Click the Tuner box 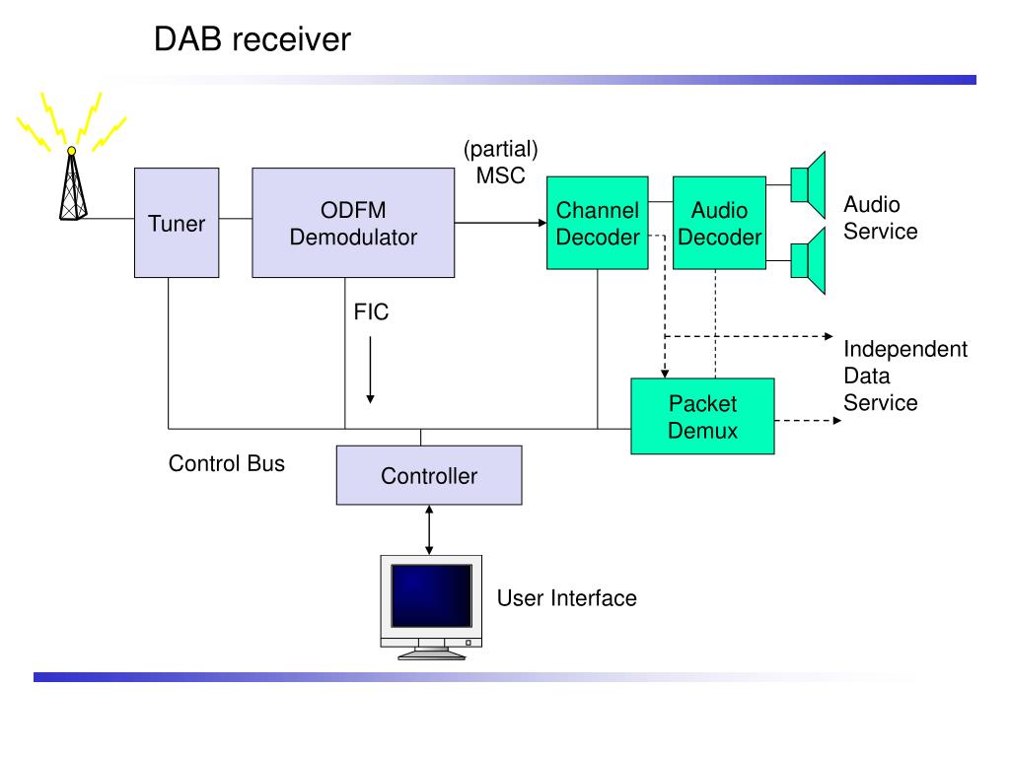pyautogui.click(x=177, y=223)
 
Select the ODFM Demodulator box pyautogui.click(x=353, y=223)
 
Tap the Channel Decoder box pyautogui.click(x=597, y=223)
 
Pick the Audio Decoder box pyautogui.click(x=719, y=223)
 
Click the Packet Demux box pyautogui.click(x=702, y=417)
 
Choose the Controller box pyautogui.click(x=429, y=475)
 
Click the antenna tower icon pyautogui.click(x=72, y=183)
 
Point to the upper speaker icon pyautogui.click(x=809, y=185)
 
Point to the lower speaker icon pyautogui.click(x=809, y=260)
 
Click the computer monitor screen pyautogui.click(x=432, y=595)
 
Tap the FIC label pyautogui.click(x=371, y=312)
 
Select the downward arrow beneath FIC pyautogui.click(x=371, y=371)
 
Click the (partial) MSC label pyautogui.click(x=500, y=162)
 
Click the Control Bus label pyautogui.click(x=227, y=463)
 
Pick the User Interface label pyautogui.click(x=567, y=598)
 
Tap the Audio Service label pyautogui.click(x=881, y=218)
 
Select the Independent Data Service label pyautogui.click(x=905, y=376)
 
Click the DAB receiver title pyautogui.click(x=252, y=39)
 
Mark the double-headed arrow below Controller pyautogui.click(x=429, y=529)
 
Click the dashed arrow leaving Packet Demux pyautogui.click(x=808, y=420)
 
